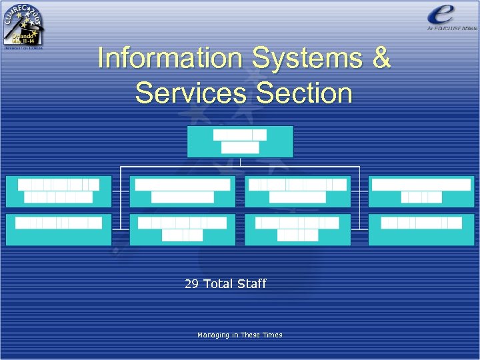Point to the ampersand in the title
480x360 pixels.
[381, 59]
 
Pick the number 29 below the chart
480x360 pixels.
[191, 284]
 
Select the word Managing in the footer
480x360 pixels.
[213, 335]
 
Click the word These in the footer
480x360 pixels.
[251, 335]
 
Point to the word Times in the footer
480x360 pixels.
[273, 335]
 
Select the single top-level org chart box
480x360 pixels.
[240, 141]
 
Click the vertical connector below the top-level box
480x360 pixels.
[240, 162]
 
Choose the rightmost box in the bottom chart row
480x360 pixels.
[421, 229]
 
